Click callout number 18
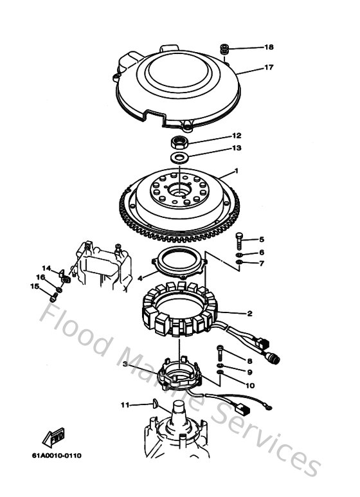pos(268,48)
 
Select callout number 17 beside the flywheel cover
pos(268,66)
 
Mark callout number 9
pos(249,372)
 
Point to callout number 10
pos(249,385)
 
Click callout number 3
pos(126,364)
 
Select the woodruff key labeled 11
pos(156,404)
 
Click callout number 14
pos(46,268)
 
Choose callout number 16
pos(40,277)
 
